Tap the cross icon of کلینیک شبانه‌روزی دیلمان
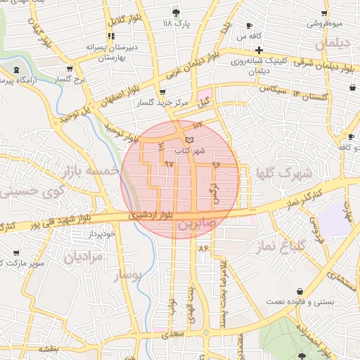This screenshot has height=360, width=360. point(259,50)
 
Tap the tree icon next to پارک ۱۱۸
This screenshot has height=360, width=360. point(175,13)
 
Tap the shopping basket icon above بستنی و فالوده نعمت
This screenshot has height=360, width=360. point(300,291)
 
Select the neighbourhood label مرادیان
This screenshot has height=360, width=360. point(83,257)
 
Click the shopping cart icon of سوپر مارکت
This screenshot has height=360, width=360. point(16,252)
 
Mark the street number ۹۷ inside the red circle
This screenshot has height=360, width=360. point(169,163)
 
